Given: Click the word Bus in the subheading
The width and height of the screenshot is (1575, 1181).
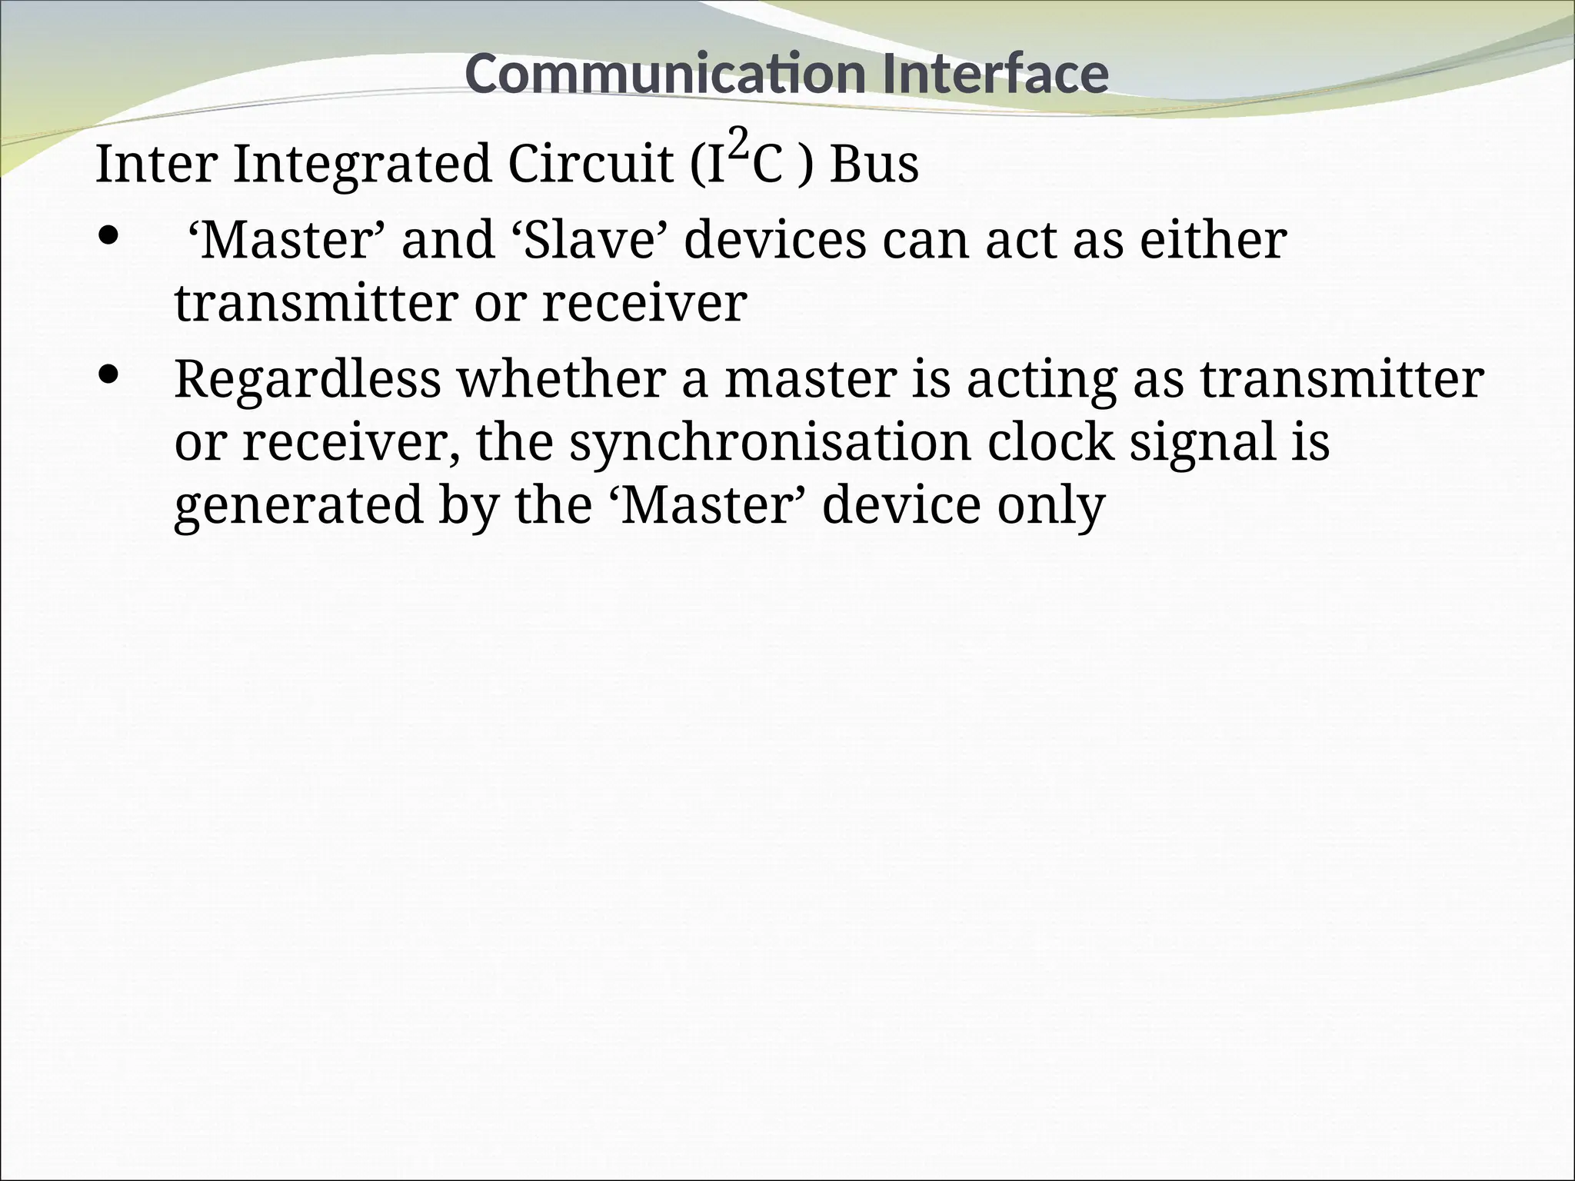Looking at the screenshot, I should click(x=874, y=165).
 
